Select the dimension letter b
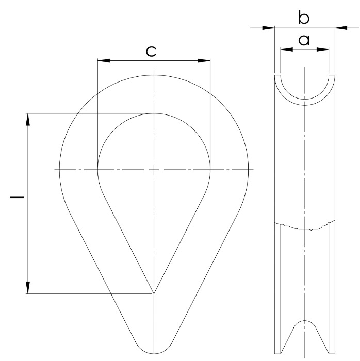(x=304, y=18)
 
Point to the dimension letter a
(x=304, y=40)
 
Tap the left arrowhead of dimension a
(x=285, y=50)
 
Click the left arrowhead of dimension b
(x=268, y=28)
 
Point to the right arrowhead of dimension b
(x=341, y=28)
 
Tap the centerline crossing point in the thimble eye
(x=154, y=169)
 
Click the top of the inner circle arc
(x=154, y=113)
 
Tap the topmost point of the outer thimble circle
(x=154, y=75)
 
